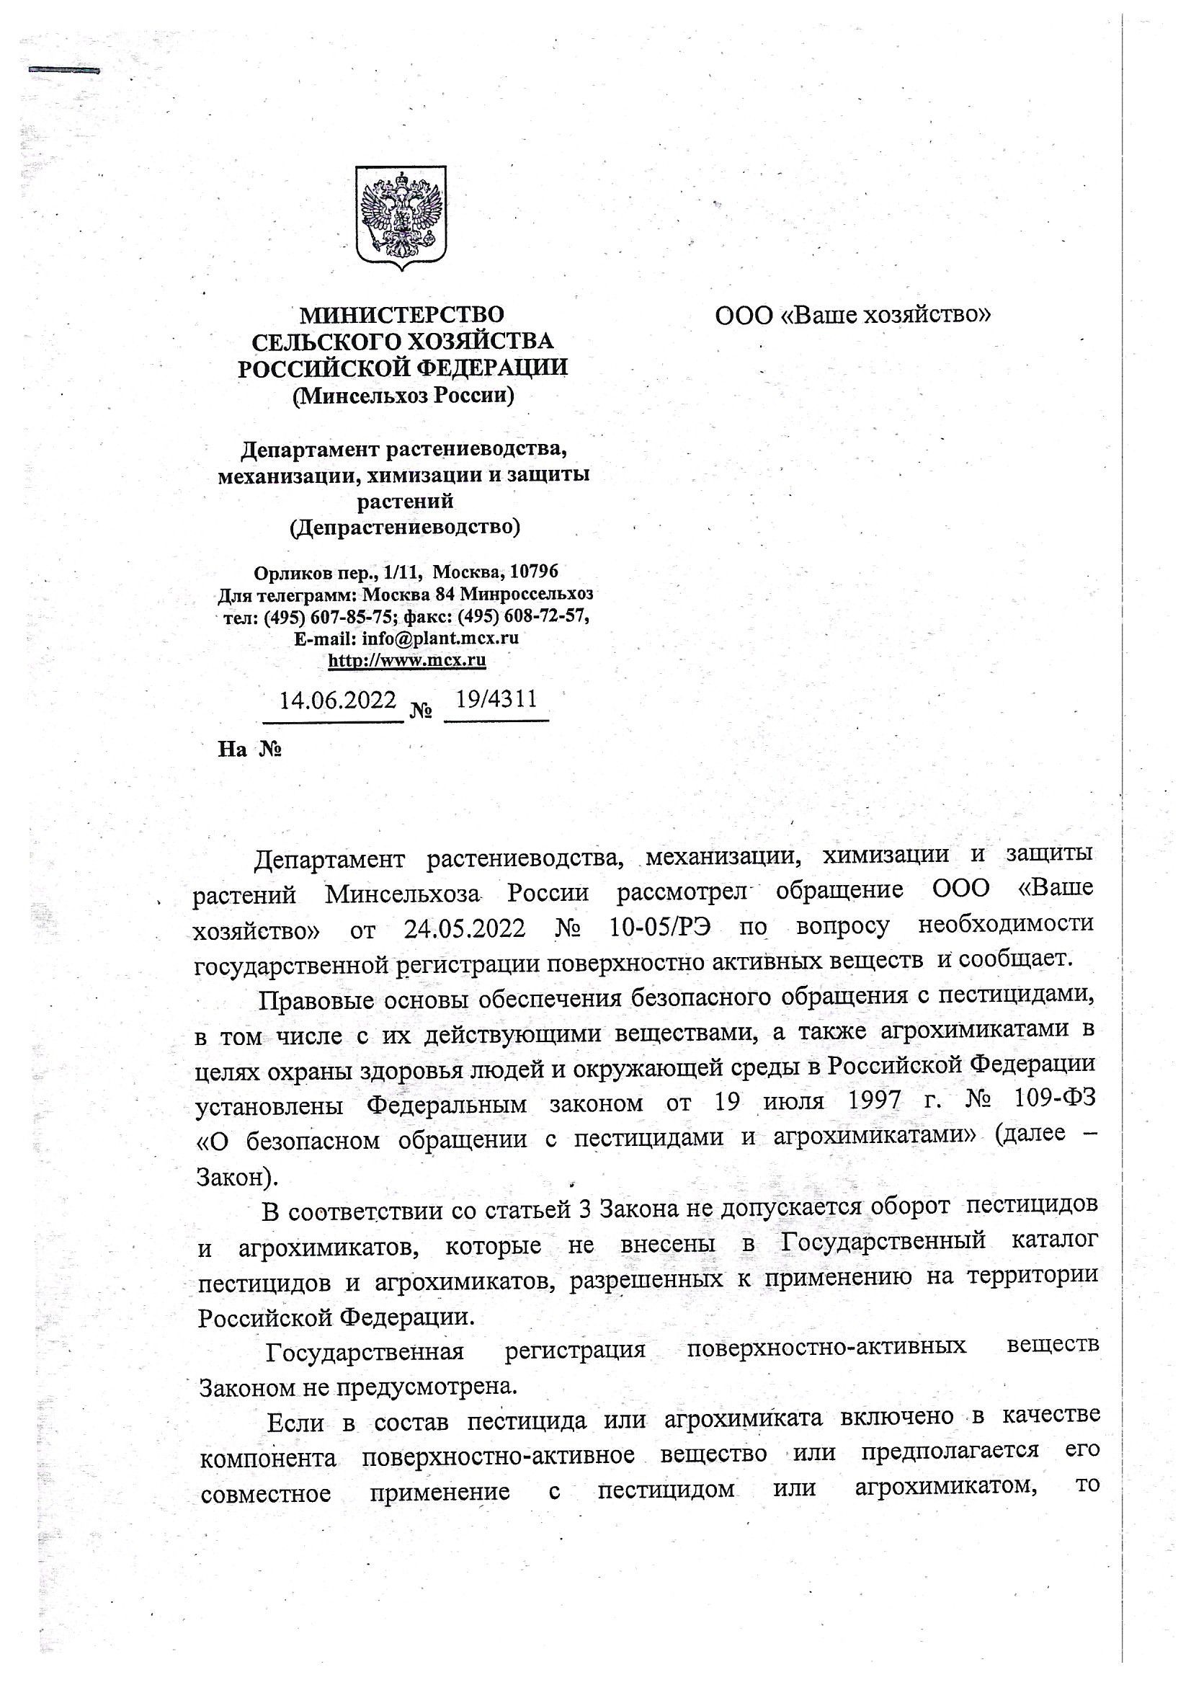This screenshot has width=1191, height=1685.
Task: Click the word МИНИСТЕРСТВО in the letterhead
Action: [x=402, y=315]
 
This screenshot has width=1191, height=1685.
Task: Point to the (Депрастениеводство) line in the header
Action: [x=405, y=527]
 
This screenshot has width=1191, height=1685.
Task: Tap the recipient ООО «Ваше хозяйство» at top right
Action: [x=852, y=315]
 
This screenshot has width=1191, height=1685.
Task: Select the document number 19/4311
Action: [x=497, y=698]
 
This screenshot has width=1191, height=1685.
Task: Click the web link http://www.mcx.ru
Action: [x=406, y=660]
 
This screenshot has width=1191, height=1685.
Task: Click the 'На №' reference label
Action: [x=249, y=750]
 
